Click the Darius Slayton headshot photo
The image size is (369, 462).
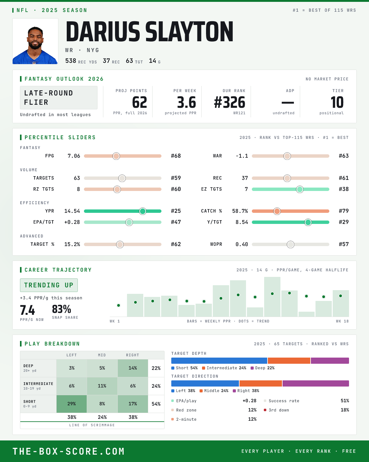click(x=35, y=41)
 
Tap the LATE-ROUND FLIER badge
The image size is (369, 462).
click(x=58, y=98)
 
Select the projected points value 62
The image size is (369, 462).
click(x=140, y=102)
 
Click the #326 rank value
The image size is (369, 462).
click(x=230, y=102)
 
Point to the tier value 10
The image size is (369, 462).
click(x=337, y=102)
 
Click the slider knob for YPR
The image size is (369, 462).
click(x=143, y=211)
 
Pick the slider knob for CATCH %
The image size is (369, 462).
click(x=277, y=211)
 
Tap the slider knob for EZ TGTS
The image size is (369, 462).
click(x=300, y=189)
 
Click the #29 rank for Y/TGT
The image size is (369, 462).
click(x=344, y=222)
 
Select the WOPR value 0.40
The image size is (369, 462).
click(x=242, y=244)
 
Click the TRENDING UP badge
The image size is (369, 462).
click(x=49, y=285)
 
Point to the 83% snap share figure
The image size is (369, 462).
click(x=61, y=309)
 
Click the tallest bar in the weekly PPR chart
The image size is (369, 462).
click(x=272, y=297)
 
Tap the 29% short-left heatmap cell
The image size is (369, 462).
click(x=72, y=404)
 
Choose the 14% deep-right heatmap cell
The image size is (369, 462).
click(x=133, y=368)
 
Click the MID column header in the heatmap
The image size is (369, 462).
click(x=102, y=355)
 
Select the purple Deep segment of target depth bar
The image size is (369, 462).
click(x=330, y=361)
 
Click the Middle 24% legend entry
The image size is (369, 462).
click(x=214, y=391)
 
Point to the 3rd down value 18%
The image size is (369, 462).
click(x=345, y=410)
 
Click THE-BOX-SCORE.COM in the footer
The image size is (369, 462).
click(x=69, y=451)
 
